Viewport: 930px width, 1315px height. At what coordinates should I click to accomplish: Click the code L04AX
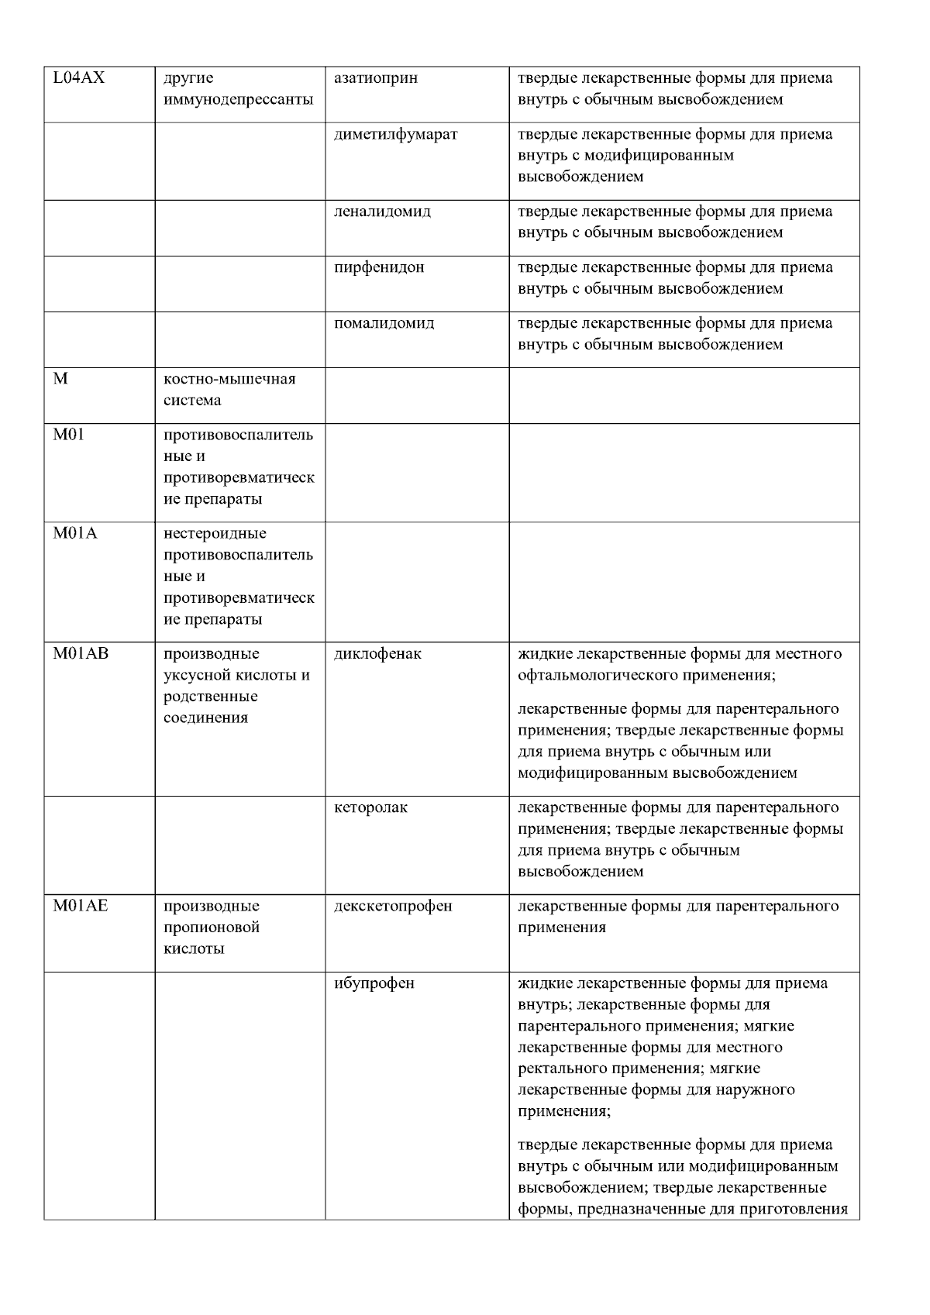78,78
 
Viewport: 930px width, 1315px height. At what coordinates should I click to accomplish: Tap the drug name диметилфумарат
395,134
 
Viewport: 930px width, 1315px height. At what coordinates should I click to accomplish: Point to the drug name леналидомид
382,212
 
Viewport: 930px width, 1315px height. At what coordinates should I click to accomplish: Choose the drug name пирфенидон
379,267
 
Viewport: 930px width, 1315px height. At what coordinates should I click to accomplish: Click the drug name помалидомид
384,323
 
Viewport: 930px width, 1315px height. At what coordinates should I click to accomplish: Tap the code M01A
75,533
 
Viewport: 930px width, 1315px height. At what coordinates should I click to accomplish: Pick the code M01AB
81,653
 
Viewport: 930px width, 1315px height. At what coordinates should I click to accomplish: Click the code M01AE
81,906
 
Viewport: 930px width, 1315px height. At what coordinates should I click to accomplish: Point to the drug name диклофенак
377,653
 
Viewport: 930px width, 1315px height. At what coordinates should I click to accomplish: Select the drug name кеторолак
370,807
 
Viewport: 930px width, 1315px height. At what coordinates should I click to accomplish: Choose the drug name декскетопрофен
393,906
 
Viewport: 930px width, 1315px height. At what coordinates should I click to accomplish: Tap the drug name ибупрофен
374,983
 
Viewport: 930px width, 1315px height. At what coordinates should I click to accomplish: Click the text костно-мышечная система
229,390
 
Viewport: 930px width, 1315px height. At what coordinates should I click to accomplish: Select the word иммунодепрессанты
239,99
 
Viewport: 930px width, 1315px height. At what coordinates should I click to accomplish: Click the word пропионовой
212,928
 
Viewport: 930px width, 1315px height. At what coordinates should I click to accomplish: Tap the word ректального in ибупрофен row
558,1069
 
